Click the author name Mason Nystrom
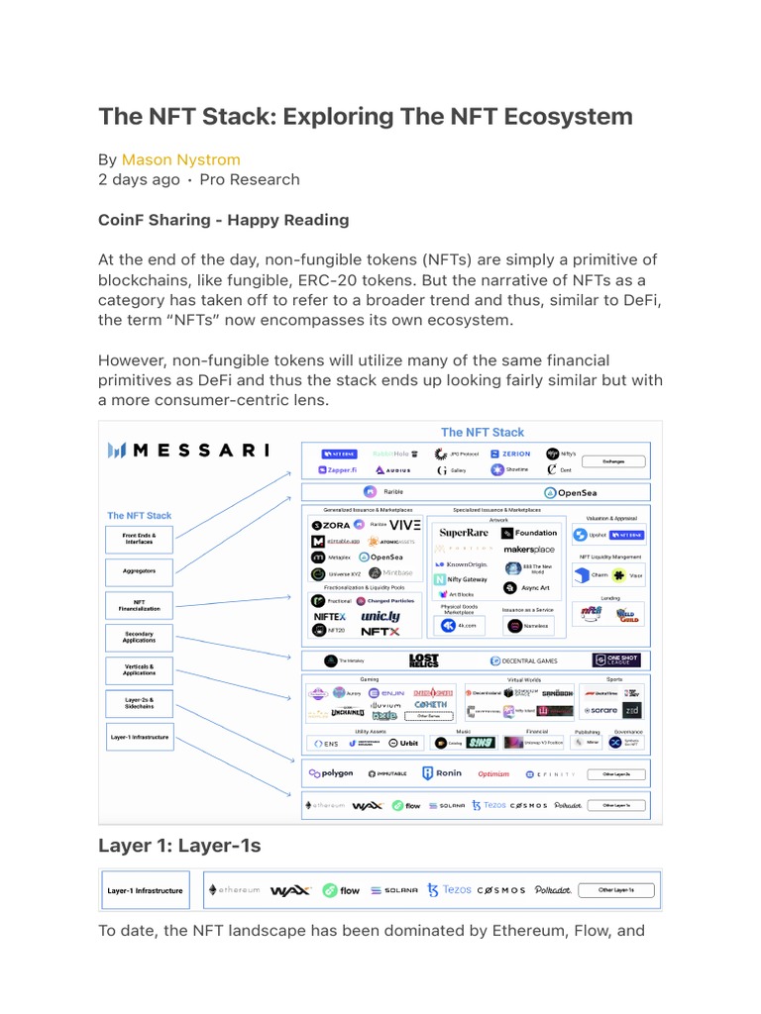click(180, 159)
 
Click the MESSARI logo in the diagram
click(188, 451)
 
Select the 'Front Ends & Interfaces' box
click(140, 540)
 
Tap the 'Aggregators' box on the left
click(140, 570)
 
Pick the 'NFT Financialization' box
click(140, 604)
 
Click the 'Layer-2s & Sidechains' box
click(140, 703)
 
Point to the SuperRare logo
click(464, 533)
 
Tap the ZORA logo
click(331, 525)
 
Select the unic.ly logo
click(380, 616)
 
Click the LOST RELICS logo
click(423, 660)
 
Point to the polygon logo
click(331, 773)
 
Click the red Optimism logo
click(493, 774)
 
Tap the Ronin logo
click(442, 773)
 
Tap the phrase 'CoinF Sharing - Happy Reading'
click(223, 220)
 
